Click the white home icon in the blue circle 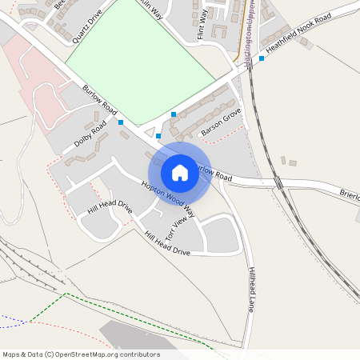[x=180, y=172]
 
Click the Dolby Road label [x=90, y=134]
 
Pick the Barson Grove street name [x=221, y=121]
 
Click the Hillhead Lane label [x=251, y=288]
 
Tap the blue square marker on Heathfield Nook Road [x=262, y=58]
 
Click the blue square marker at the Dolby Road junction [x=121, y=122]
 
